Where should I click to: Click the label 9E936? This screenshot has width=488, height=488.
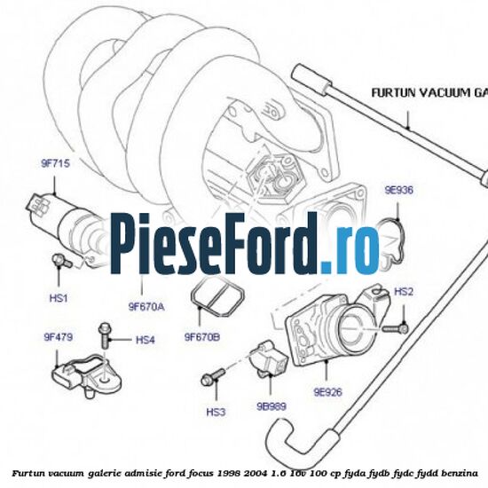coord(398,190)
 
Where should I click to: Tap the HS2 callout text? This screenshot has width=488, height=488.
coord(404,292)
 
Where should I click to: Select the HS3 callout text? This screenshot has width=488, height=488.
coord(216,412)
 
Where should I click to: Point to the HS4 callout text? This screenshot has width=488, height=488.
coord(145,340)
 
